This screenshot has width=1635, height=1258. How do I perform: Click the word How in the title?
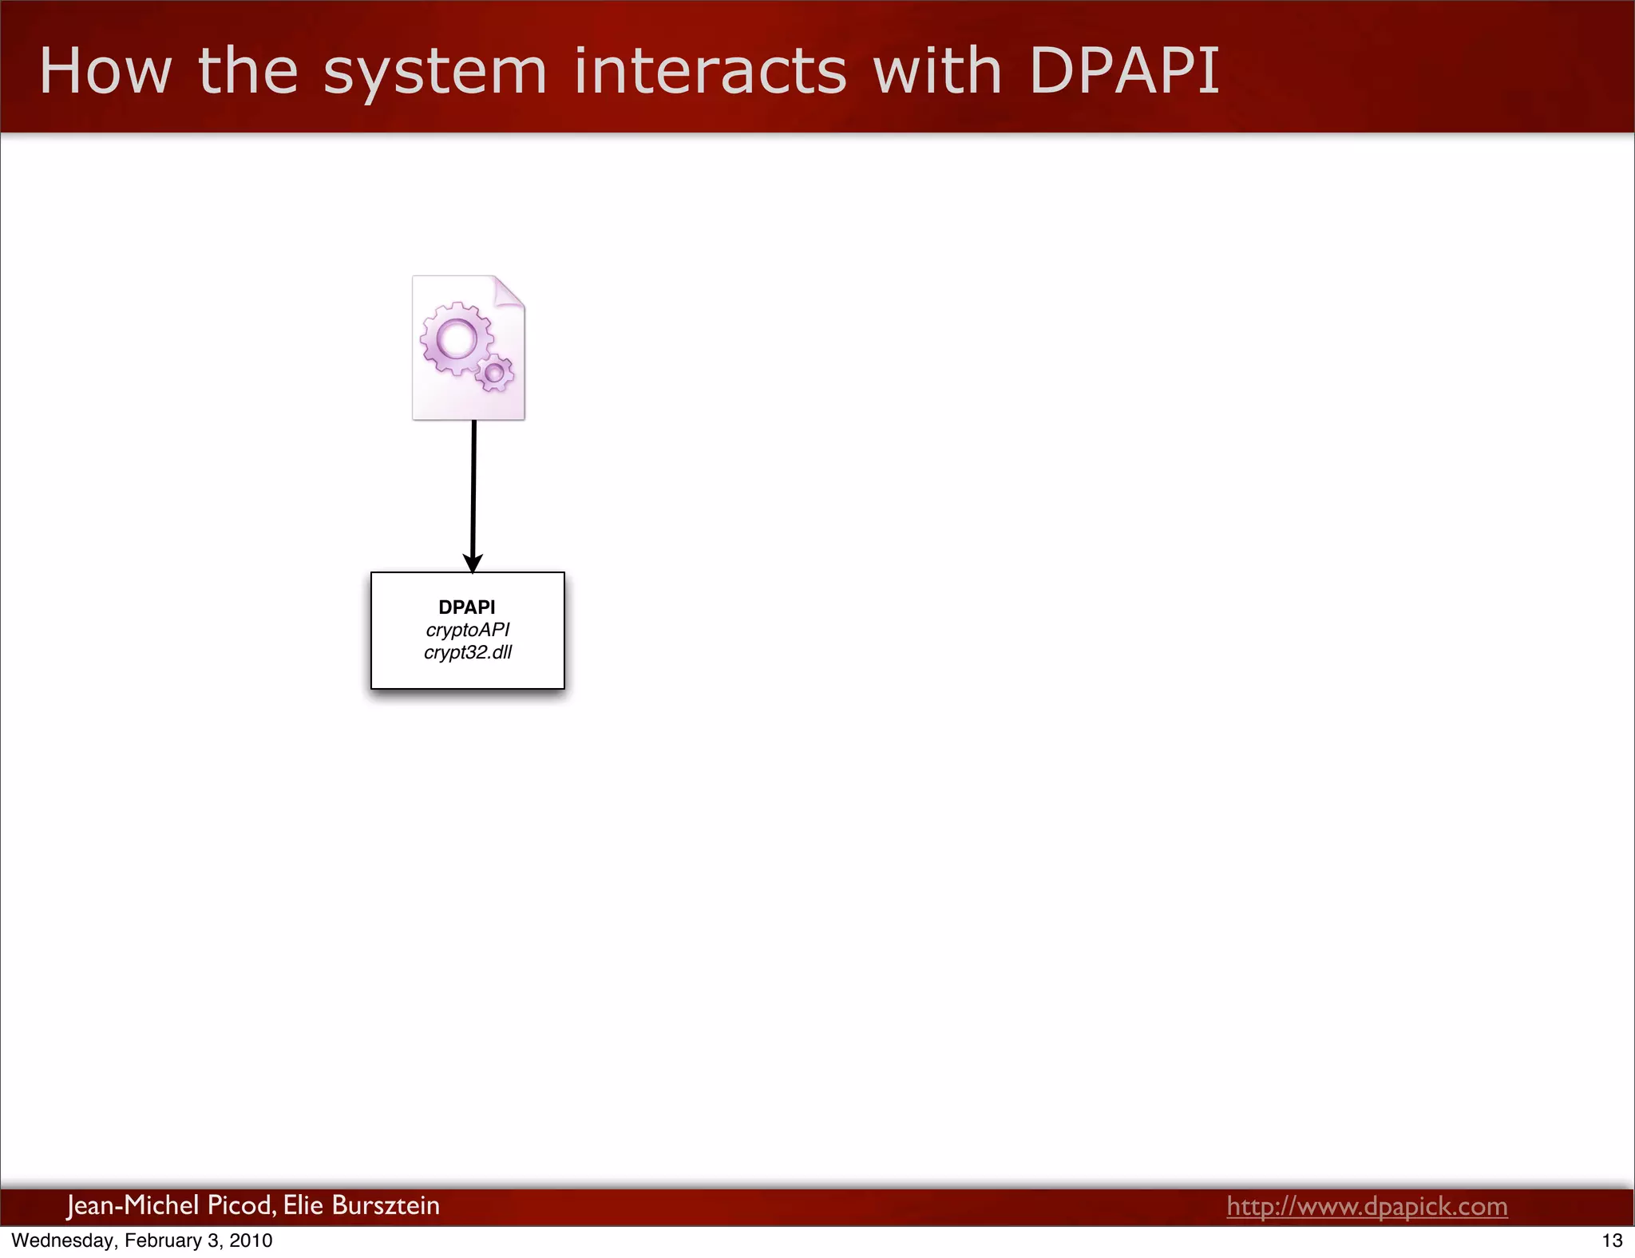pos(105,71)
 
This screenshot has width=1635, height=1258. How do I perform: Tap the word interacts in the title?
pos(710,71)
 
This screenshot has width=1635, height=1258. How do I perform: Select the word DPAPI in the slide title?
pos(1124,71)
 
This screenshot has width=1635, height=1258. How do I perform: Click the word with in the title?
pos(937,71)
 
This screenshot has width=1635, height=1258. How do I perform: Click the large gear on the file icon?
pos(457,338)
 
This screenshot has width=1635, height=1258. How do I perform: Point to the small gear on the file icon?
pos(495,372)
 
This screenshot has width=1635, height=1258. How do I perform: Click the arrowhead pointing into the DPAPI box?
pos(473,563)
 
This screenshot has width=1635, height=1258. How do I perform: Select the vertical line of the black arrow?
pos(473,487)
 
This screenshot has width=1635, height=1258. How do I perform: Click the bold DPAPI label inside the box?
pos(467,607)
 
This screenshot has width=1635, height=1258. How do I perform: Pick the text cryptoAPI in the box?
pos(468,630)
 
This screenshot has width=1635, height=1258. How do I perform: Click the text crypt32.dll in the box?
pos(468,652)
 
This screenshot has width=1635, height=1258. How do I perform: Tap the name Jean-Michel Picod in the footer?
pos(171,1205)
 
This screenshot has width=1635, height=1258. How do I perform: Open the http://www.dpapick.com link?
pos(1367,1206)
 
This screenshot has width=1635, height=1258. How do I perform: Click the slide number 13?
pos(1612,1240)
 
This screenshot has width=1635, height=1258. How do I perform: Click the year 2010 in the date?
pos(251,1240)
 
